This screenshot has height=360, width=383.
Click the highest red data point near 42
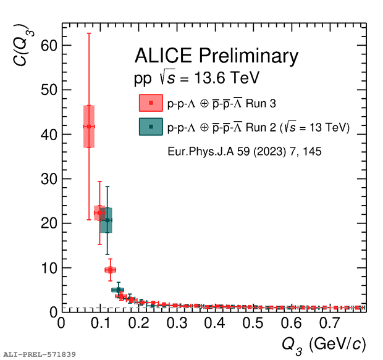(89, 127)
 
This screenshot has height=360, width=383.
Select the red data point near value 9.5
(110, 269)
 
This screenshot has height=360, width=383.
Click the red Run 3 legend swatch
(151, 103)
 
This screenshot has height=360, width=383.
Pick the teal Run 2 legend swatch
(151, 127)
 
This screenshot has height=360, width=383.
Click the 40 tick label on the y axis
(49, 135)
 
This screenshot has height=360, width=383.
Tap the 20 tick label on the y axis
(49, 224)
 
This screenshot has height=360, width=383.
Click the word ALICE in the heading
(164, 57)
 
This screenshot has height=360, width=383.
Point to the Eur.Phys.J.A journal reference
(244, 150)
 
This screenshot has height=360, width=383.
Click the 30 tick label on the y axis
(49, 179)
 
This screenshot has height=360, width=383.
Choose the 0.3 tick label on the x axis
(176, 324)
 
